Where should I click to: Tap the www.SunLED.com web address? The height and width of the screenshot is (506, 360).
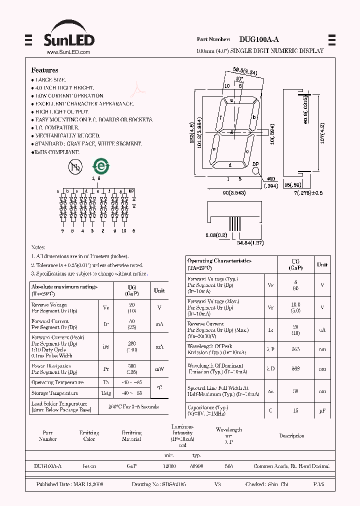[68, 52]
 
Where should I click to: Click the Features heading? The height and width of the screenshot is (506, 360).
[44, 70]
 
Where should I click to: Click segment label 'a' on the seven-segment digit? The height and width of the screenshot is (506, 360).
[231, 100]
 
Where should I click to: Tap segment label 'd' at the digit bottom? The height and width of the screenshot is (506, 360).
[229, 165]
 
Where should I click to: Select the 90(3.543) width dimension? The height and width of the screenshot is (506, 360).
[233, 193]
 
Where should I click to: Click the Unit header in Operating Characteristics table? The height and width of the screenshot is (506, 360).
[322, 264]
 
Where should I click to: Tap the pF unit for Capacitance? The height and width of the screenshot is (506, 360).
[322, 410]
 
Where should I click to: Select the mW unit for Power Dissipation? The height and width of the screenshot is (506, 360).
[159, 369]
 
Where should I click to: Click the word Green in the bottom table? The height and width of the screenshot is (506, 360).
[89, 466]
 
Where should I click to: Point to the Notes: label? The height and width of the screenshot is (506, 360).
[38, 247]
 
